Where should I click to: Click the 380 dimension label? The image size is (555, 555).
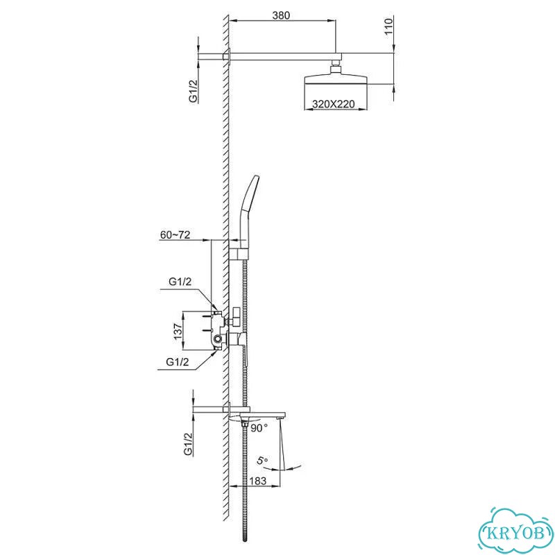point(281,15)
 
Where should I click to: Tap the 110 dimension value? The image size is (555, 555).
point(388,26)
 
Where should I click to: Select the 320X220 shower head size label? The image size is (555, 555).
point(333,104)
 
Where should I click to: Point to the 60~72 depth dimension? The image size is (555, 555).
point(176,234)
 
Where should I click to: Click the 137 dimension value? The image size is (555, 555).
point(178,332)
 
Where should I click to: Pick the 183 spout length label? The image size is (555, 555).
point(257,481)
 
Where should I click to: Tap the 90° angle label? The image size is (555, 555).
point(259,428)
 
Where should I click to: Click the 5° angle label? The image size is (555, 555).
point(262,461)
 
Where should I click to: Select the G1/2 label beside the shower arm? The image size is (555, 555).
point(193,91)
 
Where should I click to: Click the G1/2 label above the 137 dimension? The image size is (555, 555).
point(180,282)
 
